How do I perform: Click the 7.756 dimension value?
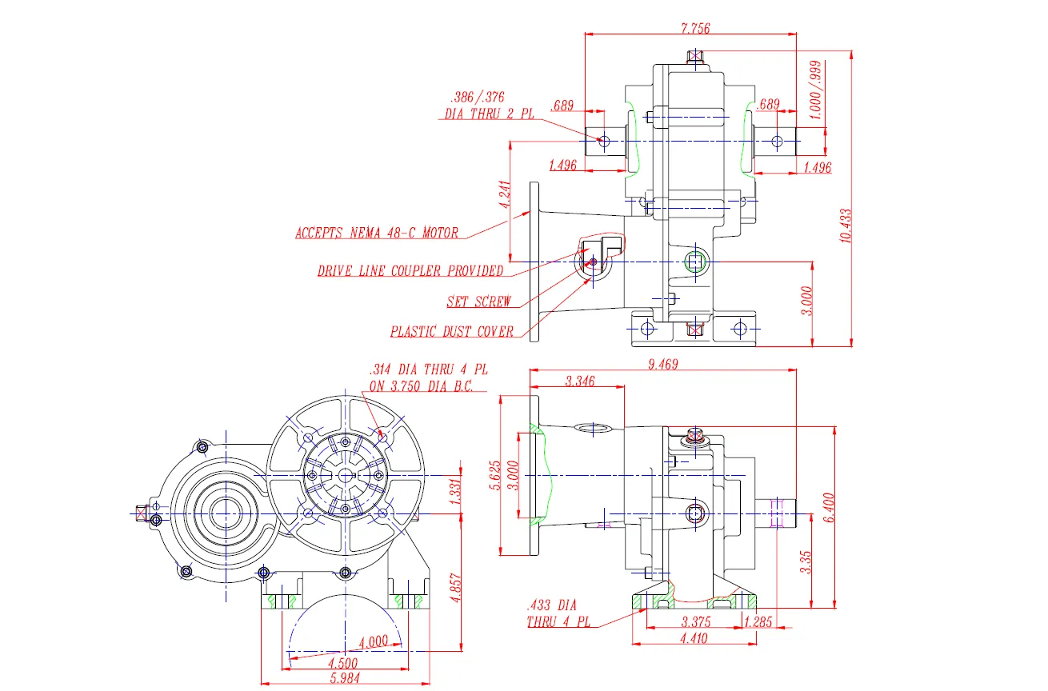point(694,28)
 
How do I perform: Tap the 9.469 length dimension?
point(663,365)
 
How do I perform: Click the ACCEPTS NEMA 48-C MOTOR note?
point(377,234)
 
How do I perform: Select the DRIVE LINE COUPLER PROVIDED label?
point(410,271)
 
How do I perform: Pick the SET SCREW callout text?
point(478,302)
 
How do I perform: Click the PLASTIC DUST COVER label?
point(452,332)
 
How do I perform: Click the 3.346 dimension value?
point(579,381)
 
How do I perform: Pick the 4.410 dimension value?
point(693,637)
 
